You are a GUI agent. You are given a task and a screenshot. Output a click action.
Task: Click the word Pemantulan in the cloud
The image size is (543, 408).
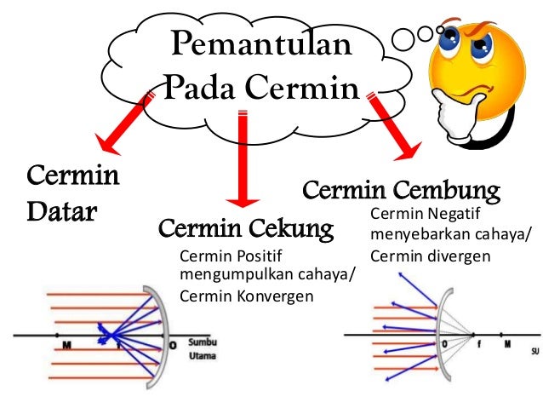(x=262, y=43)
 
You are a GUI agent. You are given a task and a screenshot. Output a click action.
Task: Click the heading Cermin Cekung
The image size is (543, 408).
(x=245, y=228)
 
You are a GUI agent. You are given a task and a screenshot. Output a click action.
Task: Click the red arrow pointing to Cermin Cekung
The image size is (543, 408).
(x=243, y=162)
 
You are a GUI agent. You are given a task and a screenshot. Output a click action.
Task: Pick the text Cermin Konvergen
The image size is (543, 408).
(x=247, y=296)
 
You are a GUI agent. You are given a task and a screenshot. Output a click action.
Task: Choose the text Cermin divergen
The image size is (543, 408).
(x=430, y=255)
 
